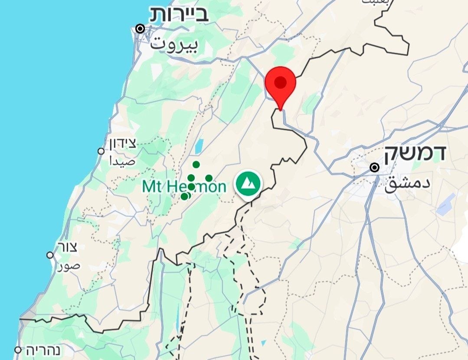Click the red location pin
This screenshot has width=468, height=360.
pos(280,84)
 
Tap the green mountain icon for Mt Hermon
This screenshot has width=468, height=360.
pos(248,184)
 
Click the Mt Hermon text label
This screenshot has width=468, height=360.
pos(184,187)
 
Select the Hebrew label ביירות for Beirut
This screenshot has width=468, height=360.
pos(179,14)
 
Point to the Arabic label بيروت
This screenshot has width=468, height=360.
pos(173,44)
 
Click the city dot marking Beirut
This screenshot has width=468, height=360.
pos(140,29)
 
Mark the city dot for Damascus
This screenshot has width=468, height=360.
pos(375,167)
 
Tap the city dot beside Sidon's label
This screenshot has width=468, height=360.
pos(101,151)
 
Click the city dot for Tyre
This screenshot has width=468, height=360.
pos(50,255)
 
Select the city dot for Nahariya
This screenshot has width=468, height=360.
pos(18,350)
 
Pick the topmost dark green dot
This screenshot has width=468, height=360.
pos(196,164)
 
